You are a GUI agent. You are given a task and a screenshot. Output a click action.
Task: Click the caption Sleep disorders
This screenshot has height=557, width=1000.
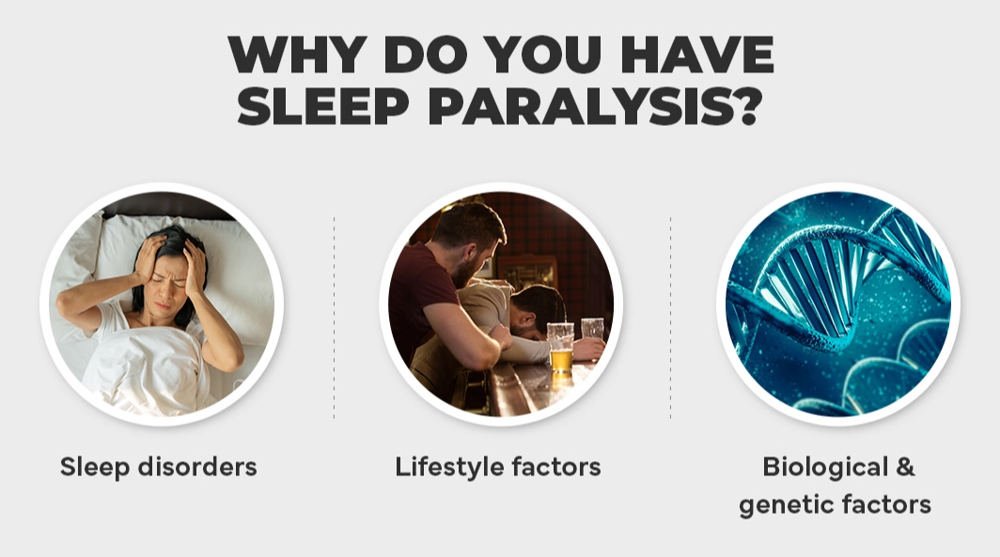point(158,466)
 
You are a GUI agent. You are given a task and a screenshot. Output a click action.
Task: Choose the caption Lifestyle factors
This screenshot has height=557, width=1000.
point(498,466)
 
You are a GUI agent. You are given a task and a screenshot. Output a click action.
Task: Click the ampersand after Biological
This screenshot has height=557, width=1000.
point(904,466)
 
